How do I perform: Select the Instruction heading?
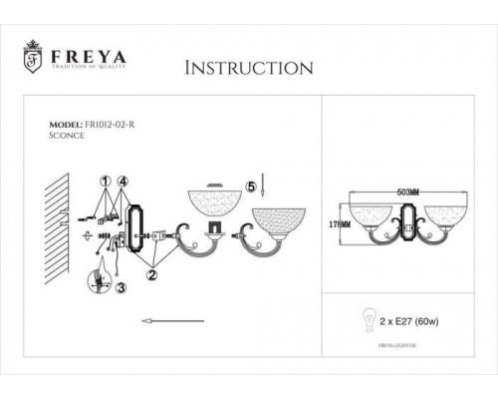coord(250,68)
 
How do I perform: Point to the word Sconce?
coord(67,139)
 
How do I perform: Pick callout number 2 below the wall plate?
coord(151,269)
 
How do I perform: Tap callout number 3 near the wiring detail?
coord(122,288)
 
